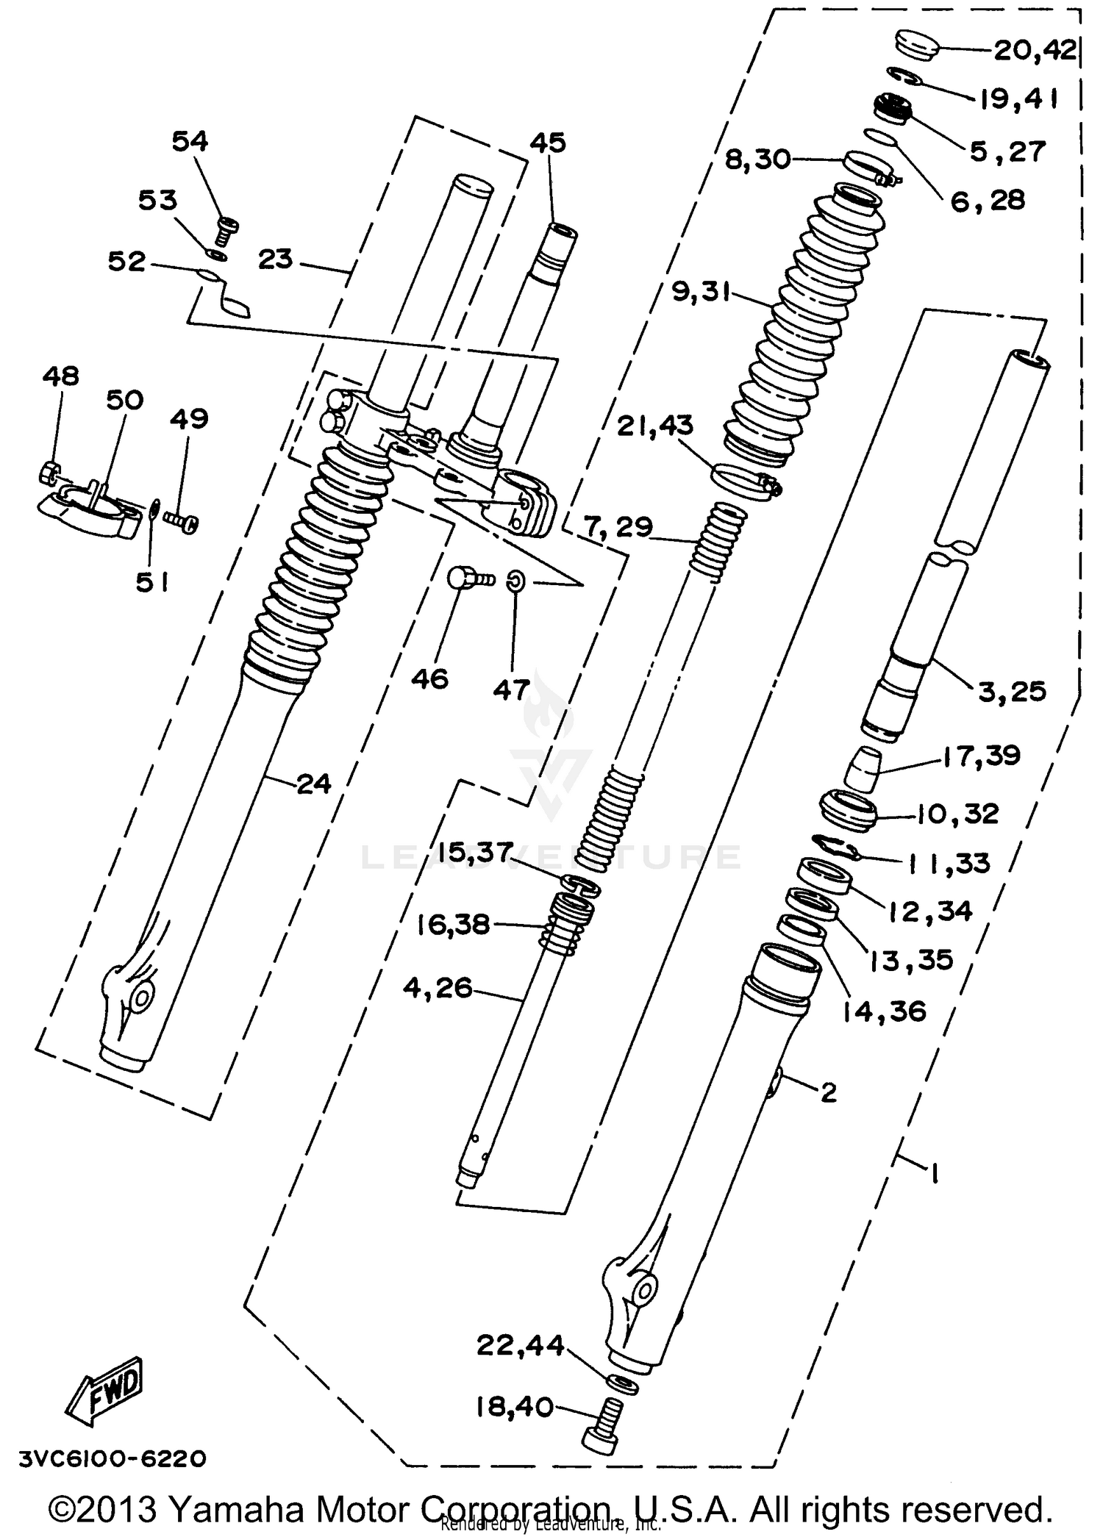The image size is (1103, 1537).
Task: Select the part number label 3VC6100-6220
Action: click(x=113, y=1458)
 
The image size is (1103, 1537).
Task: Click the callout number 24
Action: click(x=314, y=784)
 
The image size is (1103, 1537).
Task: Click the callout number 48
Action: click(x=60, y=376)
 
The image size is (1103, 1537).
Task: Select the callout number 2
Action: click(x=828, y=1092)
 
